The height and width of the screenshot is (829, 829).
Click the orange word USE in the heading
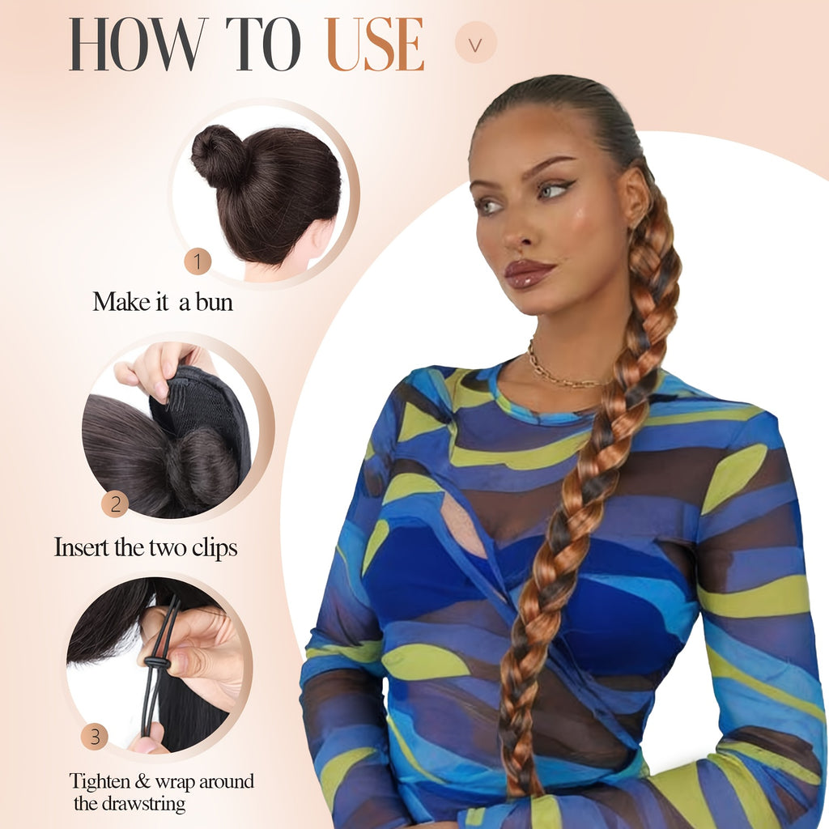point(376,45)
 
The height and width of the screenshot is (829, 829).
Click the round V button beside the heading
point(476,42)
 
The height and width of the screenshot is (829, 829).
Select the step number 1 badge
point(198,261)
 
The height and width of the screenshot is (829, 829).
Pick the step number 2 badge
point(115,504)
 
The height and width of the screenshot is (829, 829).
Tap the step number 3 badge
point(95,737)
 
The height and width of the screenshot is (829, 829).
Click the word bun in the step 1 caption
point(214,303)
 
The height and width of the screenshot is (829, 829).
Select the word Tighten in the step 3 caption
point(100,781)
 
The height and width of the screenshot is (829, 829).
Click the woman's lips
point(527,274)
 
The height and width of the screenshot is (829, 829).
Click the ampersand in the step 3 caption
point(142,781)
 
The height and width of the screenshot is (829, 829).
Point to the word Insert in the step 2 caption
point(82,547)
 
